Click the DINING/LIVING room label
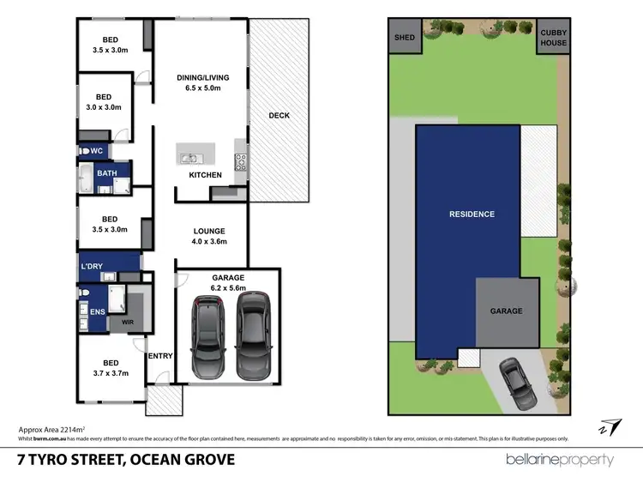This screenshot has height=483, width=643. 205,82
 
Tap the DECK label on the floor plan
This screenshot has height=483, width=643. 279,115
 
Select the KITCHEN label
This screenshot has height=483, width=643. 206,175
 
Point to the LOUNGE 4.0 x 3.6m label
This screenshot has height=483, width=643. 209,236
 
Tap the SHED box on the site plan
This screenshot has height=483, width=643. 404,38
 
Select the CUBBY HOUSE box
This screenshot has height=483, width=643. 553,38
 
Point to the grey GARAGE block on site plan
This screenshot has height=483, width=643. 506,311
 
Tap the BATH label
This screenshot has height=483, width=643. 107,173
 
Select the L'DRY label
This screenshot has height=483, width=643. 91,266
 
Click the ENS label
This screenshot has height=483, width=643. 97,311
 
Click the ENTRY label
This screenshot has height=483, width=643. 159,356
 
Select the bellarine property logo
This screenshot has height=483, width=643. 559,459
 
